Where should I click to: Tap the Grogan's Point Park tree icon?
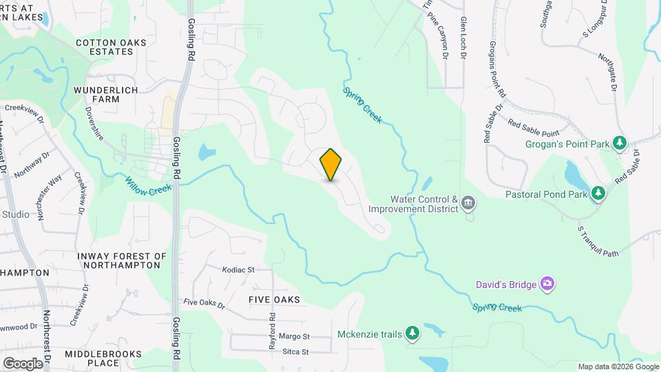click(620, 143)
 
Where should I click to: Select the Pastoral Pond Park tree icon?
click(598, 194)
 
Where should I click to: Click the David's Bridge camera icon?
click(547, 283)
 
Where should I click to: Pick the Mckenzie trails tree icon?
click(412, 334)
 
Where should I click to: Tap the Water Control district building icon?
click(468, 203)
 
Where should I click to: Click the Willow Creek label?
click(148, 185)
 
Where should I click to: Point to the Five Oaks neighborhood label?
click(274, 300)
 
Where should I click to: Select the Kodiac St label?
click(238, 269)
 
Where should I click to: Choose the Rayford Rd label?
click(273, 327)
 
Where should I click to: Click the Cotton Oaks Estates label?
click(111, 47)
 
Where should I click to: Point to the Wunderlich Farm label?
click(106, 94)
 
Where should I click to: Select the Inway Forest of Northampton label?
click(123, 260)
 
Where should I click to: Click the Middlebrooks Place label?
click(92, 358)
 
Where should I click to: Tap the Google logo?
click(23, 363)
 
